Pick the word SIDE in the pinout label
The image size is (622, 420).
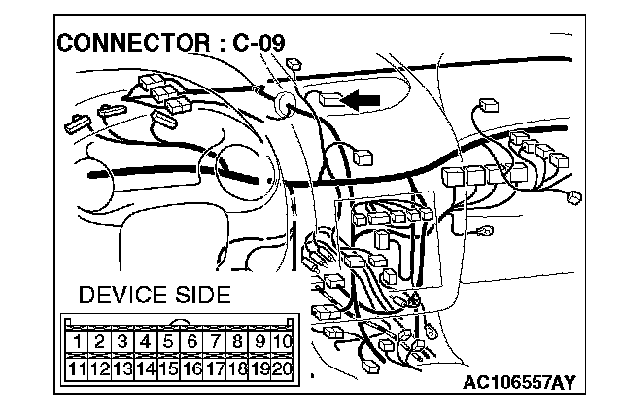pos(201,295)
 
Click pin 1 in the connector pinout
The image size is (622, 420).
pos(76,342)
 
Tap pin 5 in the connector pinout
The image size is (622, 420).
pos(168,342)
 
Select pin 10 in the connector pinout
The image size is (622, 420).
pos(282,342)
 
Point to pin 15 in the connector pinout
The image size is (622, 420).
pos(168,368)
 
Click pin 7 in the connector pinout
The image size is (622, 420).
pos(214,342)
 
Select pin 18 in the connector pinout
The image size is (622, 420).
pos(236,368)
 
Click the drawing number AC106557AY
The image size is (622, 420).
pos(517,382)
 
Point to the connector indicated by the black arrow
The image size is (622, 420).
pos(328,98)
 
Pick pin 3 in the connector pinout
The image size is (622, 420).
pos(122,342)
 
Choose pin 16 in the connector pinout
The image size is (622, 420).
pos(191,368)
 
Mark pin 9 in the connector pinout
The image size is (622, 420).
pos(259,342)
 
